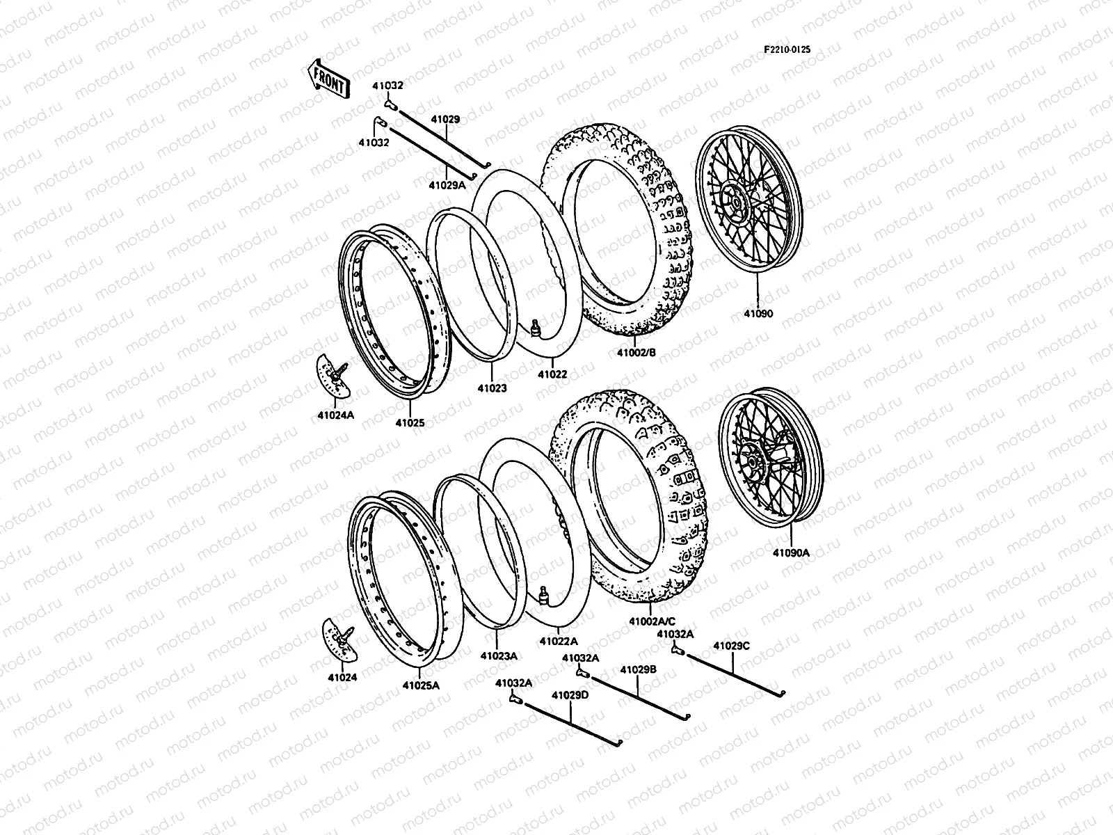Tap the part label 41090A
point(791,553)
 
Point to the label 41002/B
point(636,353)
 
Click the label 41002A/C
point(652,621)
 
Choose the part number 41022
point(552,374)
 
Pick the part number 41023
point(492,388)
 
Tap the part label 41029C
point(732,646)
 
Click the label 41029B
point(639,669)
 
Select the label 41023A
point(499,655)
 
